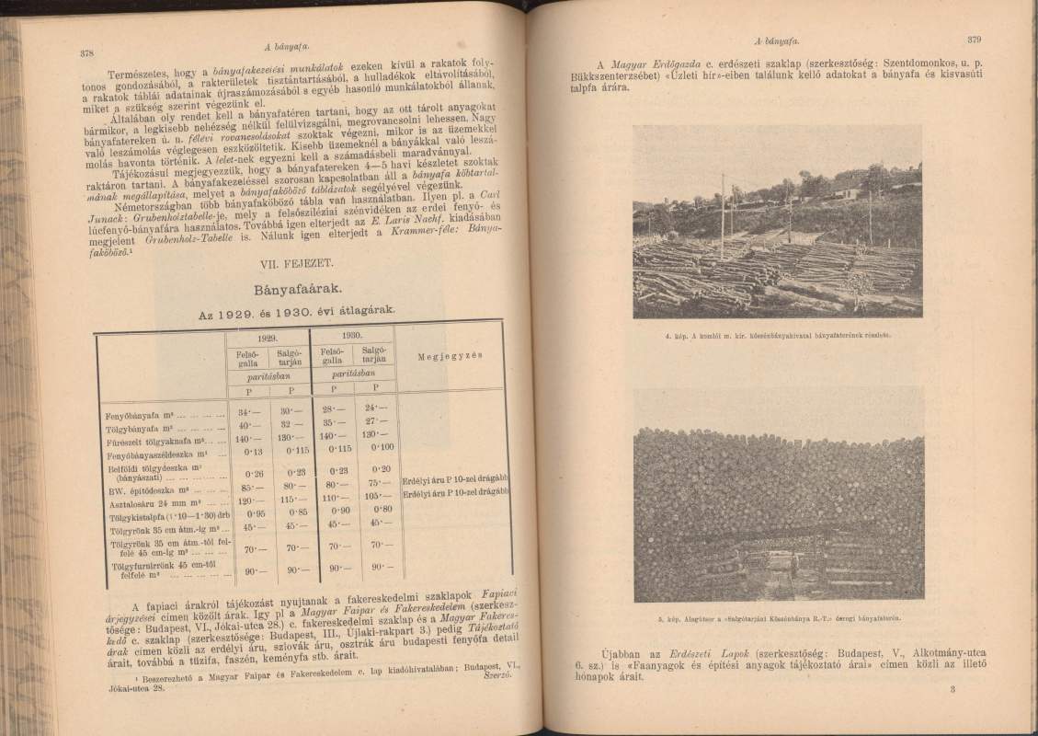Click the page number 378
pyautogui.click(x=89, y=52)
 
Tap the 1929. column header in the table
pyautogui.click(x=269, y=336)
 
